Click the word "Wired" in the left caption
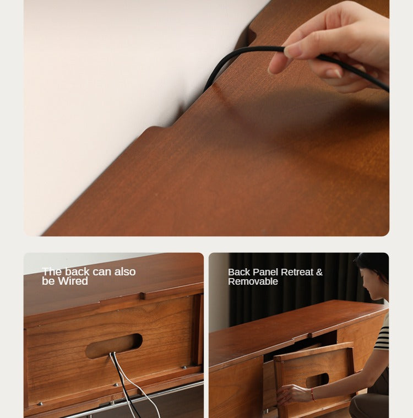click(74, 281)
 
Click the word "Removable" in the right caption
click(253, 281)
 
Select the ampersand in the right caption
click(319, 272)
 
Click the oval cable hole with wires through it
click(113, 345)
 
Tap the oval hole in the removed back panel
click(317, 379)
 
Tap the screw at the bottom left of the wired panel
click(40, 404)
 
